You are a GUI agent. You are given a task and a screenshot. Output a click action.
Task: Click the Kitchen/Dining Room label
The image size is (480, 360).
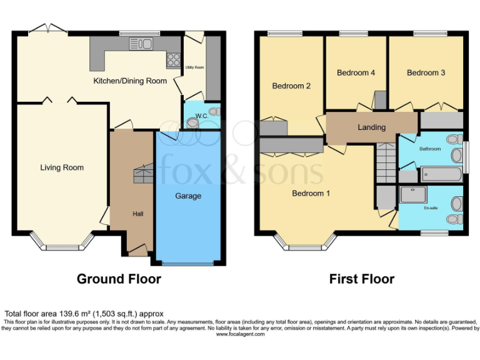pyautogui.click(x=130, y=81)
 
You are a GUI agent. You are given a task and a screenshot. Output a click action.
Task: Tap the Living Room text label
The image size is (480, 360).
pyautogui.click(x=62, y=167)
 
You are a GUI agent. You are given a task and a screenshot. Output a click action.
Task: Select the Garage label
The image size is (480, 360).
pyautogui.click(x=188, y=196)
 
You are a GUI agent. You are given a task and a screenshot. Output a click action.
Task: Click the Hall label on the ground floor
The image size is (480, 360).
pyautogui.click(x=138, y=214)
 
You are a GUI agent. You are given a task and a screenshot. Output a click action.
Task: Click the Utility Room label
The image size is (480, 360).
pyautogui.click(x=194, y=67)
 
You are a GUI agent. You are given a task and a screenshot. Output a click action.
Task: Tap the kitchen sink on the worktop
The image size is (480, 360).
pyautogui.click(x=141, y=44)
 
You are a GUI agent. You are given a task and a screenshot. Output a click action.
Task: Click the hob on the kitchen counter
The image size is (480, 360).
pyautogui.click(x=172, y=60)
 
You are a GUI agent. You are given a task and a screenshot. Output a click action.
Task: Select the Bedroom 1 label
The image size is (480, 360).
pyautogui.click(x=311, y=194)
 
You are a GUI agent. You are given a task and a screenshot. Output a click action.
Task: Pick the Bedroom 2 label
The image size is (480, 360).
pyautogui.click(x=291, y=86)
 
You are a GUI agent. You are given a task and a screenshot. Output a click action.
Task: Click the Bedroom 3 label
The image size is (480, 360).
pyautogui.click(x=426, y=73)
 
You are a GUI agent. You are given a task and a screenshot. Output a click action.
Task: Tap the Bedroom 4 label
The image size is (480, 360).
pyautogui.click(x=356, y=73)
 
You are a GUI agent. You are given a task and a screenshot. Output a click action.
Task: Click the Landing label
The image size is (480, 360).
pyautogui.click(x=371, y=127)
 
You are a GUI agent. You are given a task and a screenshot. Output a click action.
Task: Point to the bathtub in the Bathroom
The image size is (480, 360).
pyautogui.click(x=441, y=173)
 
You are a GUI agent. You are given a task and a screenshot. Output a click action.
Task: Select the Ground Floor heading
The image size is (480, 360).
pyautogui.click(x=119, y=279)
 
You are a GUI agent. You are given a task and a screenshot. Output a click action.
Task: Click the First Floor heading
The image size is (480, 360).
pyautogui.click(x=362, y=279)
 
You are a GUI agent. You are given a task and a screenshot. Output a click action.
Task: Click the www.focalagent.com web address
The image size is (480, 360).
pyautogui.click(x=240, y=334)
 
